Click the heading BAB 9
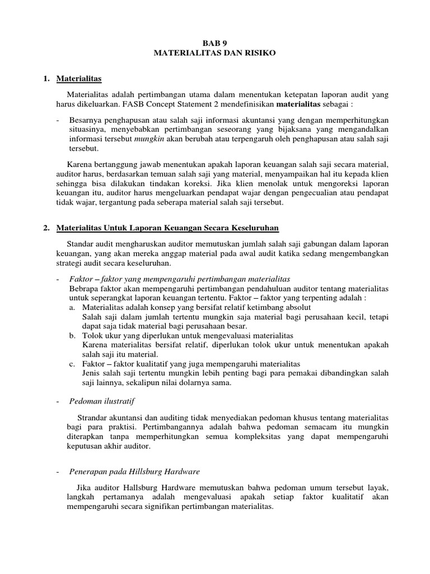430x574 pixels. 215,42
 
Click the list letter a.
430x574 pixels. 72,308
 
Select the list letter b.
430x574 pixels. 72,335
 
